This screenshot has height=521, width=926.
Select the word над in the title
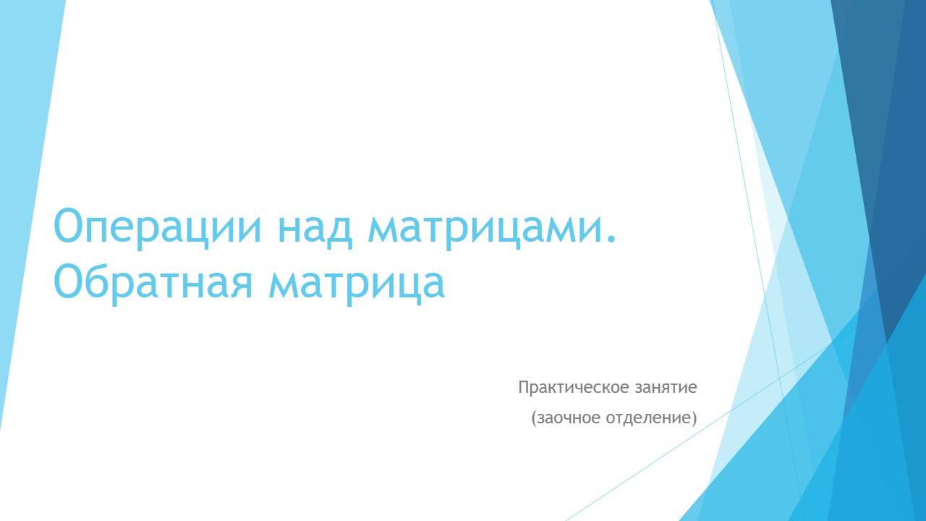(x=315, y=227)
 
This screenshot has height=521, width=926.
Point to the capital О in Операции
(x=69, y=227)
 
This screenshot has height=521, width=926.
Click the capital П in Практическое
(x=523, y=388)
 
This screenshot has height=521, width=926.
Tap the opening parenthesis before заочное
(x=534, y=419)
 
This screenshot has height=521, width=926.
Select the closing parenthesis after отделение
(x=694, y=419)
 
